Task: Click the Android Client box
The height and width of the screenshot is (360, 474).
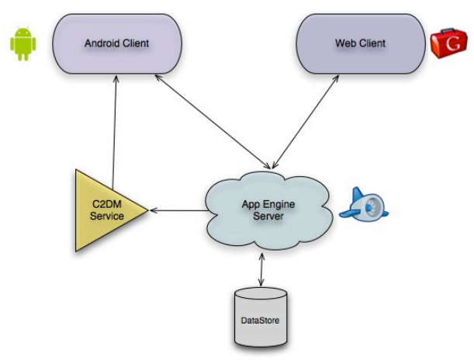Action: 116,43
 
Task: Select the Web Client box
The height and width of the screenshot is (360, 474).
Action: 360,43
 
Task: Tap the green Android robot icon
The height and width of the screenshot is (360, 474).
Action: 23,43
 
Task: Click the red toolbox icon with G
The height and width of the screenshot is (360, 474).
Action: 450,43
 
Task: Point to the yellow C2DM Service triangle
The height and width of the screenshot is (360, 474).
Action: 105,210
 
